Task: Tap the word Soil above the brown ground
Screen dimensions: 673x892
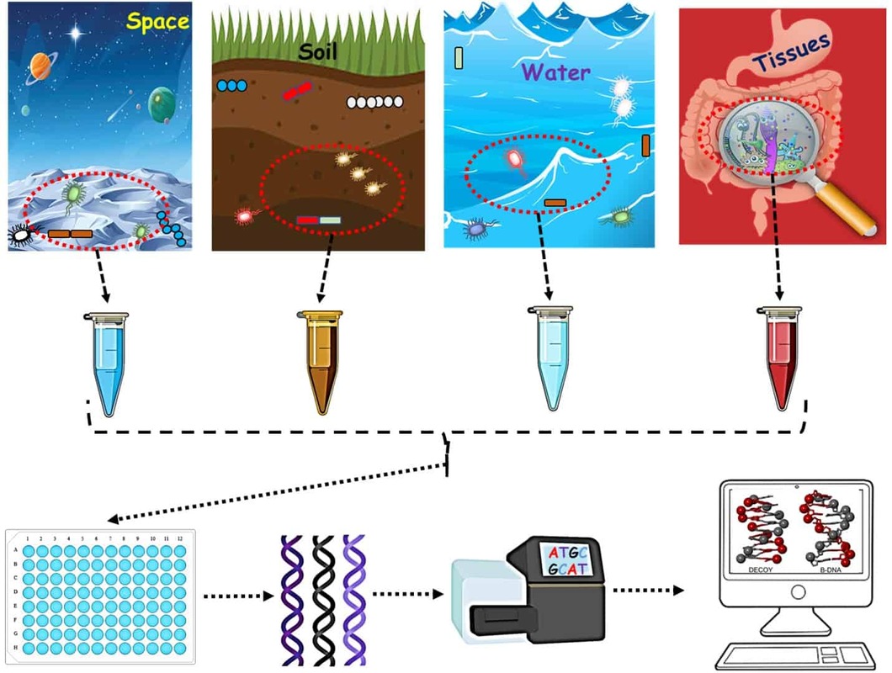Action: pyautogui.click(x=319, y=52)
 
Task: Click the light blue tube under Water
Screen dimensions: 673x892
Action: pyautogui.click(x=550, y=362)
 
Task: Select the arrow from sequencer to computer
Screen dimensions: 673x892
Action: pyautogui.click(x=648, y=590)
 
